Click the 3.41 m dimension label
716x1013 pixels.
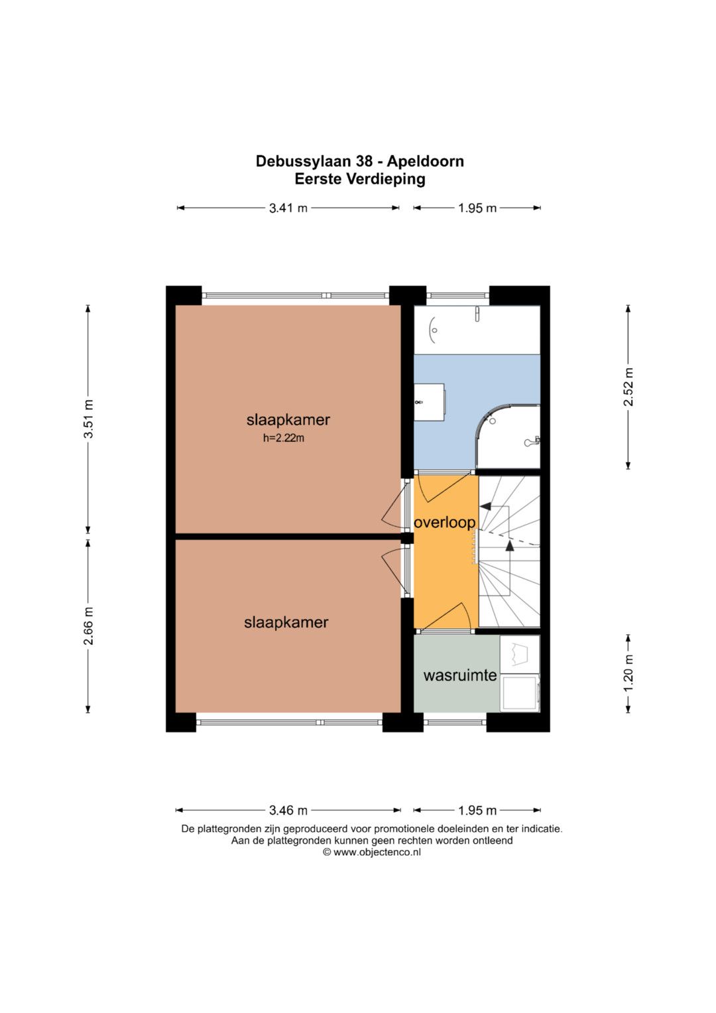[x=288, y=208]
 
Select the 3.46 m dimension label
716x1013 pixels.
[x=288, y=810]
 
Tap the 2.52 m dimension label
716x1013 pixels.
[x=628, y=387]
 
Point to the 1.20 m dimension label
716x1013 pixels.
[x=628, y=673]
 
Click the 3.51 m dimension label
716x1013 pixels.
[x=88, y=419]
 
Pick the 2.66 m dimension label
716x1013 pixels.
[x=88, y=626]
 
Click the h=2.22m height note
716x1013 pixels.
[x=283, y=438]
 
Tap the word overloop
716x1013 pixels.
[x=444, y=522]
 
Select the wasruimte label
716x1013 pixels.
[x=459, y=675]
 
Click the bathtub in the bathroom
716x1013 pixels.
[x=477, y=329]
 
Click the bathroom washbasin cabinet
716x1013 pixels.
[x=429, y=401]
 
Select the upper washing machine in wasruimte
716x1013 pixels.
[x=519, y=654]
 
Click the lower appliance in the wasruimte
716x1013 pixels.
[x=520, y=693]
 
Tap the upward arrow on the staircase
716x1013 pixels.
[x=509, y=546]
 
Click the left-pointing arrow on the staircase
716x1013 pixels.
[x=485, y=506]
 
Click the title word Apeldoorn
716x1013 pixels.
[x=425, y=161]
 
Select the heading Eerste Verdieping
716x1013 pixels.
[x=359, y=179]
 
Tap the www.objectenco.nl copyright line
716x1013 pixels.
[x=371, y=852]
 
